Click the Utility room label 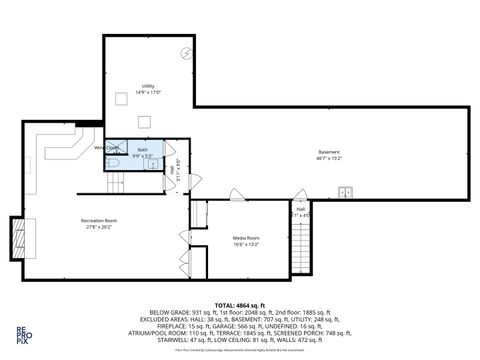coord(148,85)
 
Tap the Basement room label coord(330,151)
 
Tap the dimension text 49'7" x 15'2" coord(330,157)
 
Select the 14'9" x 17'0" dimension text coord(148,92)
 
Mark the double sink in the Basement coord(346,191)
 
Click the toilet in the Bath coord(112,161)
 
